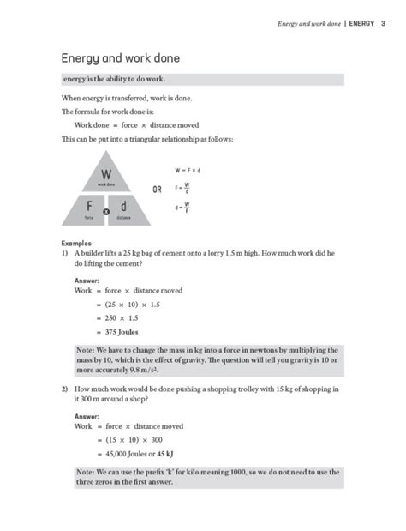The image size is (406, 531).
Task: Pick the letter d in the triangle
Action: (x=124, y=207)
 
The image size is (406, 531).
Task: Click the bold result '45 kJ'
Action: (x=172, y=454)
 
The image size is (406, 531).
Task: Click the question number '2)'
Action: (x=64, y=389)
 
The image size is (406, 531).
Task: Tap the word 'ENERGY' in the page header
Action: (x=355, y=23)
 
